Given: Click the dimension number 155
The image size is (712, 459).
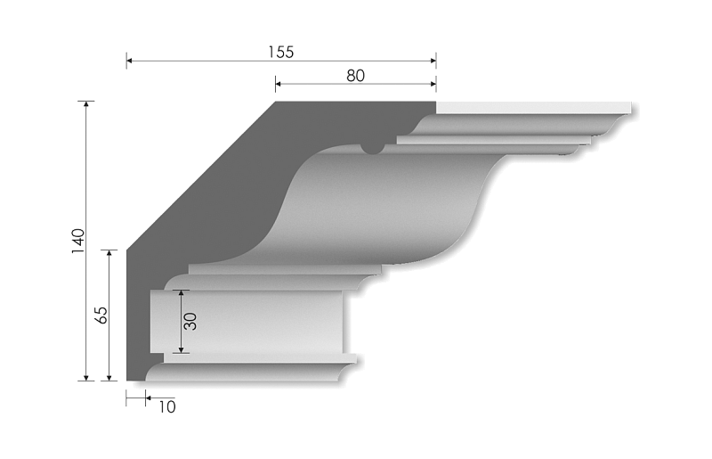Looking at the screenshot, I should click(280, 52).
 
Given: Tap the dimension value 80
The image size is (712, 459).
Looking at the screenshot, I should click(354, 76).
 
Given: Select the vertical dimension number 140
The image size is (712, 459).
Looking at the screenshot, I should click(77, 240).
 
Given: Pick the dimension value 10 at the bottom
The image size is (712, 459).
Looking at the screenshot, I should click(166, 407).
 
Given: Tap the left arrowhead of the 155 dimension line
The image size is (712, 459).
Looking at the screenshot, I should click(128, 61).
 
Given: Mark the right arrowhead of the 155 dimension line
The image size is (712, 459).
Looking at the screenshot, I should click(433, 61).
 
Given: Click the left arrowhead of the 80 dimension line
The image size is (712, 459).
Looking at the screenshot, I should click(277, 85).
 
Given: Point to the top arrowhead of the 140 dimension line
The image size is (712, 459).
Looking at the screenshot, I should click(86, 104).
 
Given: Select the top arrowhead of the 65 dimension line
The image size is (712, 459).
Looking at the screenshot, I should click(109, 252).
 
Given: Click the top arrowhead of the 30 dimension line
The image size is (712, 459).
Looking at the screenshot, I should click(181, 291).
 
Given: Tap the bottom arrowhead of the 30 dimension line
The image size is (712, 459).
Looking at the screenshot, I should click(181, 350).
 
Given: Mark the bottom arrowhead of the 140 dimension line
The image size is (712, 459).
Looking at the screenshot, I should click(86, 380).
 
